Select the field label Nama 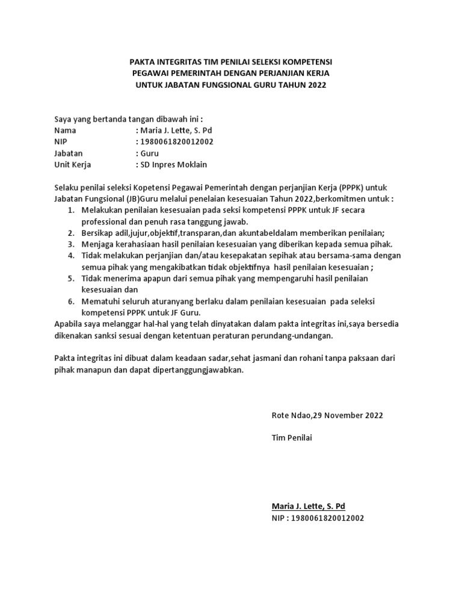tap(66, 130)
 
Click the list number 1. tap(70, 210)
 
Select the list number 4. tap(70, 256)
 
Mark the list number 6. tap(70, 301)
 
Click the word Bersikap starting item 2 tap(97, 233)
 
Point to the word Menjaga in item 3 tap(97, 244)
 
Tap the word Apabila tap(69, 324)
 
